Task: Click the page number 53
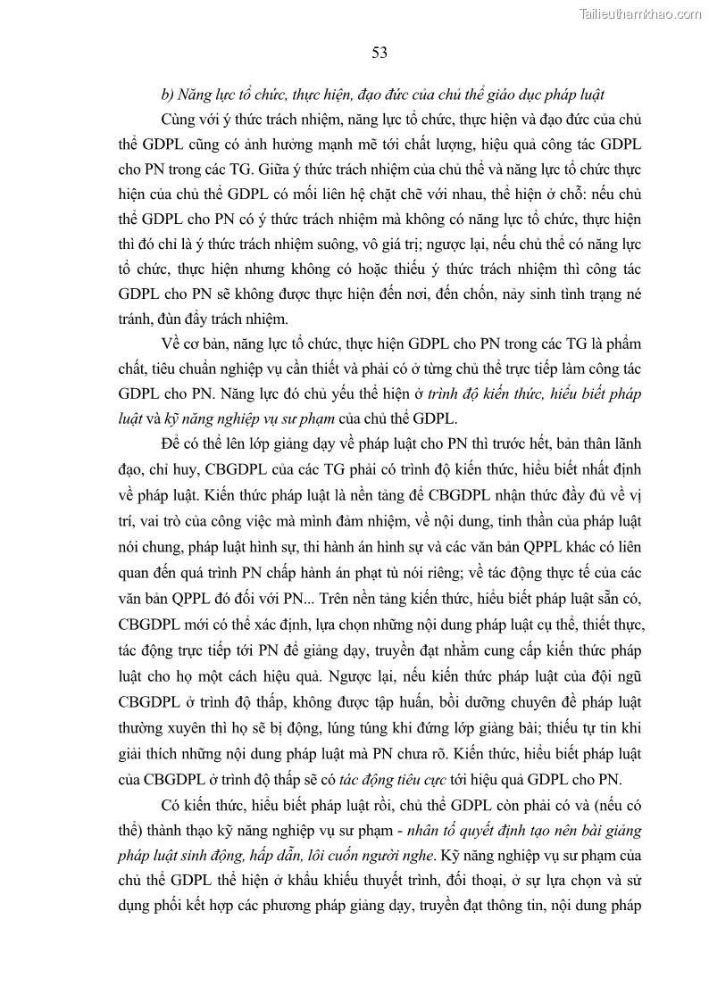click(x=379, y=54)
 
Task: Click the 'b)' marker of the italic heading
click(x=167, y=95)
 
